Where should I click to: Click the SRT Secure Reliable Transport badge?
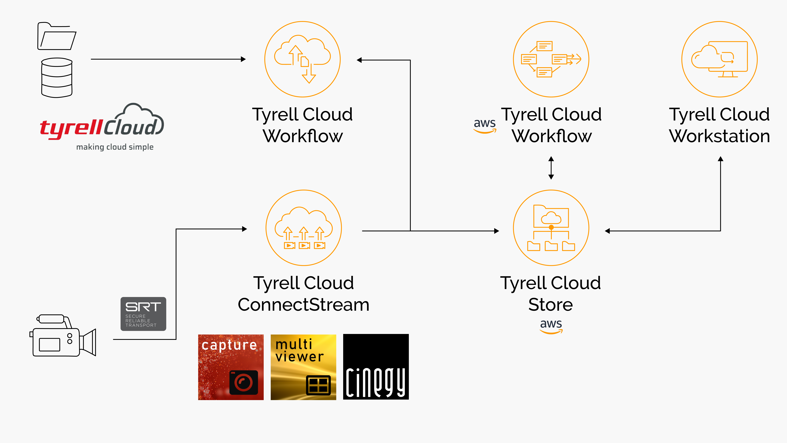tap(143, 314)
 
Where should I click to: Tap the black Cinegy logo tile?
tap(376, 367)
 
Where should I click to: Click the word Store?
tap(551, 305)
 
